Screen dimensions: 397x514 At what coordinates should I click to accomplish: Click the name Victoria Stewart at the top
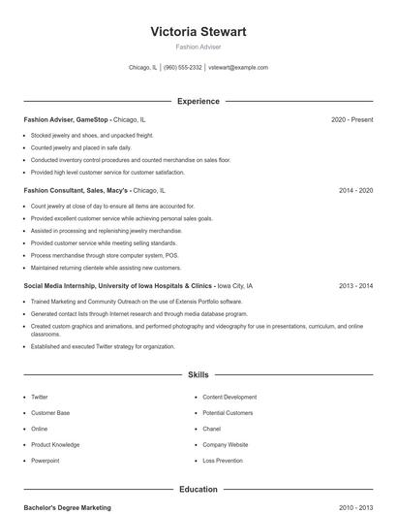pyautogui.click(x=198, y=32)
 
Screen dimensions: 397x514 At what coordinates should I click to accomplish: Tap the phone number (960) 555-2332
pyautogui.click(x=183, y=68)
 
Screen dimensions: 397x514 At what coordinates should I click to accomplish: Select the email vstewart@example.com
pyautogui.click(x=238, y=68)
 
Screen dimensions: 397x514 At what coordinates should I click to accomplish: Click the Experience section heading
pyautogui.click(x=198, y=101)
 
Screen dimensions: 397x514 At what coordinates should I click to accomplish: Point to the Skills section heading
pyautogui.click(x=198, y=373)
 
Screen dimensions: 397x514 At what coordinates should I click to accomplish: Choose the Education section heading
pyautogui.click(x=198, y=490)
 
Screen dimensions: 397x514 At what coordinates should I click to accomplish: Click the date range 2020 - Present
pyautogui.click(x=351, y=119)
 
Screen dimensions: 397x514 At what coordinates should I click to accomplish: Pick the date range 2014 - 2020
pyautogui.click(x=355, y=191)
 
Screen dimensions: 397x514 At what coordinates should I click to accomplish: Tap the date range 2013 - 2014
pyautogui.click(x=355, y=286)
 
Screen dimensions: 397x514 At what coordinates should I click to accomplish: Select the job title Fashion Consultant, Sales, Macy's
pyautogui.click(x=76, y=191)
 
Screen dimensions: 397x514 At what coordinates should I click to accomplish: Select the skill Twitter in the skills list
pyautogui.click(x=40, y=397)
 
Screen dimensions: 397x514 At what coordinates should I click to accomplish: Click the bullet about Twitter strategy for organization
pyautogui.click(x=103, y=346)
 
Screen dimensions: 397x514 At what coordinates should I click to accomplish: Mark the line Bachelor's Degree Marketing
pyautogui.click(x=67, y=507)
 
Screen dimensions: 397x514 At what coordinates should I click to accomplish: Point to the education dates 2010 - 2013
pyautogui.click(x=355, y=507)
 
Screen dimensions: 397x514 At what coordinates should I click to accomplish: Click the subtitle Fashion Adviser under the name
pyautogui.click(x=198, y=47)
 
